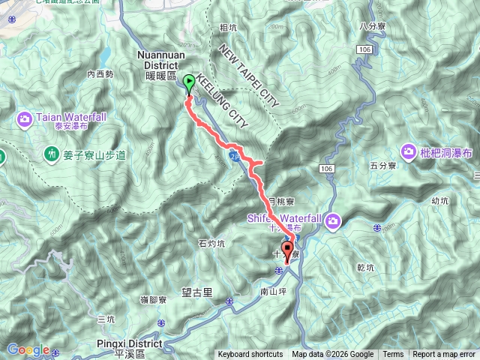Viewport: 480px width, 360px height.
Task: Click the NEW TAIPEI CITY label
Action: point(248,76)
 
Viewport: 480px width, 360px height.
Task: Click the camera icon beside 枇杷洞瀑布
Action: point(409,151)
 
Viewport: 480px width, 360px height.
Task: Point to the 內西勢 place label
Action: point(100,74)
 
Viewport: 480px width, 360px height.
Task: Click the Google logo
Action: point(28,349)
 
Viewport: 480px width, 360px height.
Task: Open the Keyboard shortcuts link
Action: point(250,355)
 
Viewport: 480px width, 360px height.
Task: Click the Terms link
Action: point(393,355)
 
